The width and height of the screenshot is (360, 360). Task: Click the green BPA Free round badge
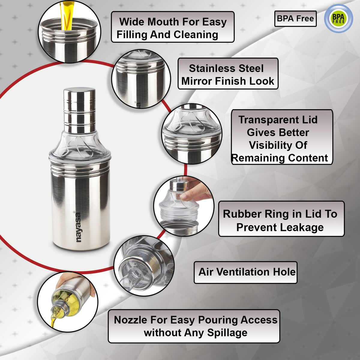coord(338,19)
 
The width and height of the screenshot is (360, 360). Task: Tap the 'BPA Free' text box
coord(295,19)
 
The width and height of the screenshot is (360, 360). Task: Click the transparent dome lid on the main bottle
coord(80,146)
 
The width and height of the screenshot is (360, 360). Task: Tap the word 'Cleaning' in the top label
coord(196,35)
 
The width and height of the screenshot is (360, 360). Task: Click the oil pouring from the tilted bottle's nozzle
coord(53,321)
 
